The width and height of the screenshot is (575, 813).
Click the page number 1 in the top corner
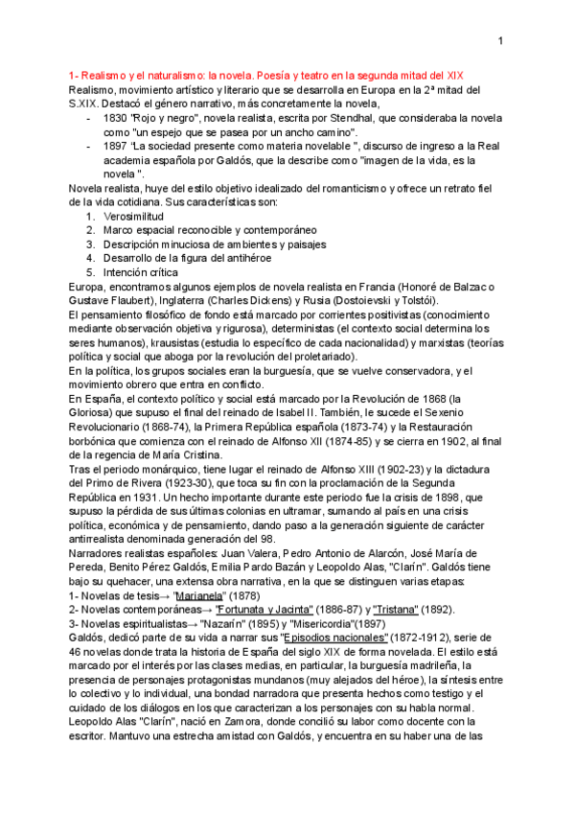pos(500,40)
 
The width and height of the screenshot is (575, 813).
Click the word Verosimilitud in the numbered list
pos(134,217)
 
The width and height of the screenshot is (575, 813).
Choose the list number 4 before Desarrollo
pos(90,257)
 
